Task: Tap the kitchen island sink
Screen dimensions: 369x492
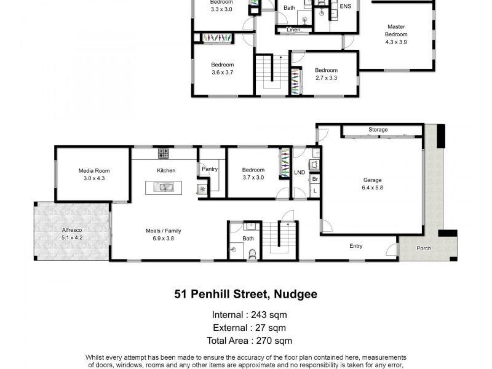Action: click(164, 187)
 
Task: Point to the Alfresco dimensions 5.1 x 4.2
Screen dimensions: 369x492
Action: click(72, 237)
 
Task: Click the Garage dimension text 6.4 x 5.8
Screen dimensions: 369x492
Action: click(373, 188)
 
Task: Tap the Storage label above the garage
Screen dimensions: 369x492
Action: click(378, 130)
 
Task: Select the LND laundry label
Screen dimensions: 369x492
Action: click(300, 173)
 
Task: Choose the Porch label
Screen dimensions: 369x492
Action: click(423, 248)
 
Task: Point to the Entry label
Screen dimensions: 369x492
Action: click(355, 246)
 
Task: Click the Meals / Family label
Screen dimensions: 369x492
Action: click(163, 231)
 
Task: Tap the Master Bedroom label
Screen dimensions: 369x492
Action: click(396, 30)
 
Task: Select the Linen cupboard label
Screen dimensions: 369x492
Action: click(293, 30)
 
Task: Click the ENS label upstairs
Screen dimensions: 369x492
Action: click(346, 7)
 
